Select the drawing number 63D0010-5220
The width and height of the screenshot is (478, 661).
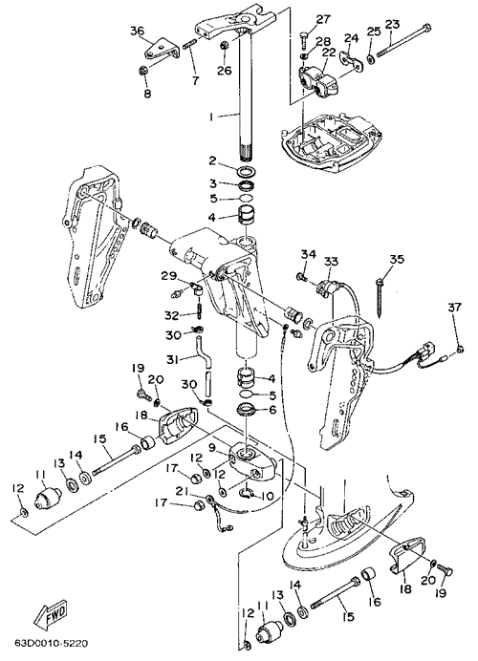coord(52,644)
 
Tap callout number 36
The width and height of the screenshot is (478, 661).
coord(137,31)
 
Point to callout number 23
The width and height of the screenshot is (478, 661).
coord(392,24)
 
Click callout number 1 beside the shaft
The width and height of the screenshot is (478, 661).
coord(212,116)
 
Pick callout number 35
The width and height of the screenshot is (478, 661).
coord(396,259)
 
